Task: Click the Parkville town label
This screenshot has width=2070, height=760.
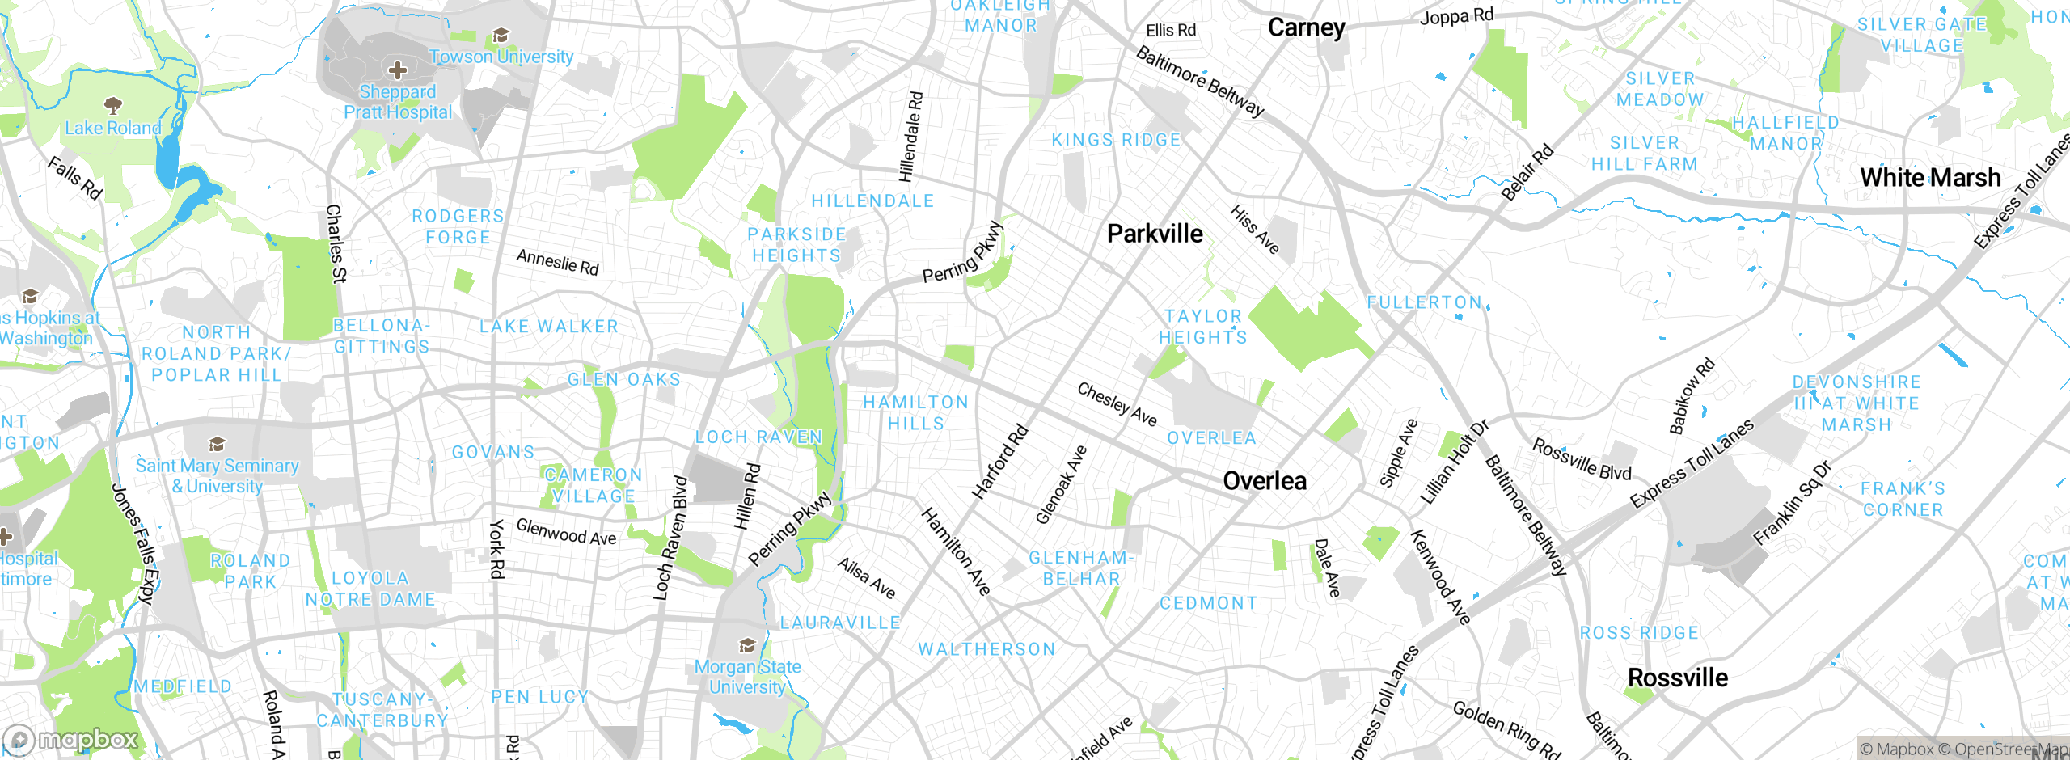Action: pos(1154,234)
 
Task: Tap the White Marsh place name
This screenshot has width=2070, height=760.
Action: pos(1929,177)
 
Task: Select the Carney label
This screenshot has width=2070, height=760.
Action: pos(1306,27)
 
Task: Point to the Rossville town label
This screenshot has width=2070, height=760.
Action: pos(1677,678)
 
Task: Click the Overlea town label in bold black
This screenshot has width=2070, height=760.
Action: pos(1264,481)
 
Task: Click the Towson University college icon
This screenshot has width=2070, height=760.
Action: pos(501,36)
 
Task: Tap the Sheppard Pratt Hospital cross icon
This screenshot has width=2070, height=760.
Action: pos(397,70)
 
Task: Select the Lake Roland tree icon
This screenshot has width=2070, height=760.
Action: pos(113,105)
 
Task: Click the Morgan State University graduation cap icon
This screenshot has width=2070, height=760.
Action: pos(747,645)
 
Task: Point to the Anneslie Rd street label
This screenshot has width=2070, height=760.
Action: pos(557,262)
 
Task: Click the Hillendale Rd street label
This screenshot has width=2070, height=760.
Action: pos(910,136)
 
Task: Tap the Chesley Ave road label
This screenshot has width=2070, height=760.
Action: pos(1117,404)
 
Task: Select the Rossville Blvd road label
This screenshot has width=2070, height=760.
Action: pos(1581,460)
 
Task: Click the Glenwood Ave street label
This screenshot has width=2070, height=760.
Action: pos(566,532)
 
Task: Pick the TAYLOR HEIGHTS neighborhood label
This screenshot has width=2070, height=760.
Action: pos(1203,327)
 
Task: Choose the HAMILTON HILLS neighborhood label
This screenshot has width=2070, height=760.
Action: pos(915,412)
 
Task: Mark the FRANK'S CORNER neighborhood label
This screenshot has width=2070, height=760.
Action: pos(1903,499)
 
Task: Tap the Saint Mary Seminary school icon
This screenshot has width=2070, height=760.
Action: pos(216,444)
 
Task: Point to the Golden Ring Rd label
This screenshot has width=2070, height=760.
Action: pos(1506,728)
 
